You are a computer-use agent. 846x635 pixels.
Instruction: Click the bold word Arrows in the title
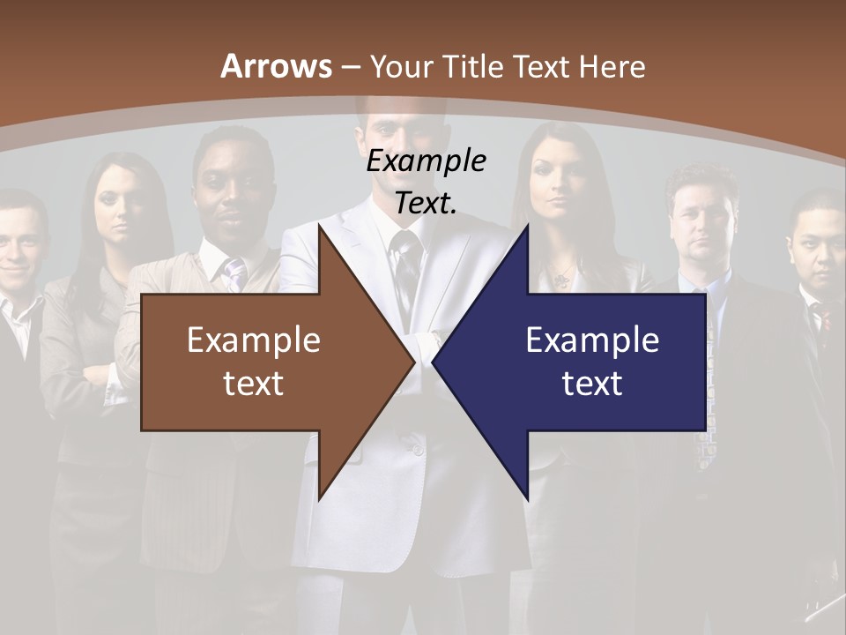coord(276,66)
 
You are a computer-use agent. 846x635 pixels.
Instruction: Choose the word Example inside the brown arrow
coord(254,340)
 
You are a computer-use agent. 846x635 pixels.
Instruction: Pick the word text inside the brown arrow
coord(254,383)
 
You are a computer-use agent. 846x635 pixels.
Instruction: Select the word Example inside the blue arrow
coord(592,340)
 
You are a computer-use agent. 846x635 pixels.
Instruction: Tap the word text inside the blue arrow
coord(592,383)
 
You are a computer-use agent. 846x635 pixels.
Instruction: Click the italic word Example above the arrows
coord(426,161)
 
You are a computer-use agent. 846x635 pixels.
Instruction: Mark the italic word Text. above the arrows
coord(426,203)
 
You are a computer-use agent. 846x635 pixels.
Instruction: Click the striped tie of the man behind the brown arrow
coord(234,273)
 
